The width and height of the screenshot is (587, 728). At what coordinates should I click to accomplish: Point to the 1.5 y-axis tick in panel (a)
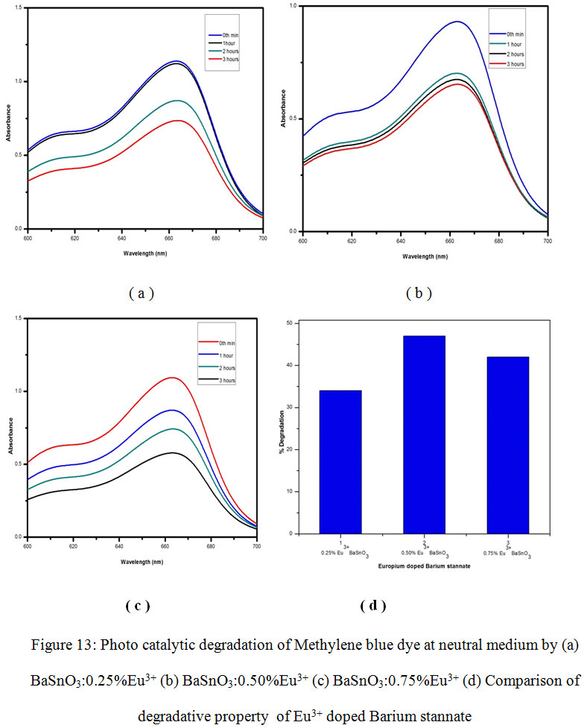tap(17, 8)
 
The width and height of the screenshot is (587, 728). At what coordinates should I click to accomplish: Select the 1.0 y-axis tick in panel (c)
tap(16, 391)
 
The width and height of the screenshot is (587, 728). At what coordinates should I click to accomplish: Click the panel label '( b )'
tap(419, 293)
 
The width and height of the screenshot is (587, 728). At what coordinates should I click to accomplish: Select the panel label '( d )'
tap(372, 605)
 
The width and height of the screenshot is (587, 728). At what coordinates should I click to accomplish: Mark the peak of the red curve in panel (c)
tap(173, 378)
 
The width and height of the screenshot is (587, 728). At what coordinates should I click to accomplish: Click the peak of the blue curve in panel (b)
tap(455, 22)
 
